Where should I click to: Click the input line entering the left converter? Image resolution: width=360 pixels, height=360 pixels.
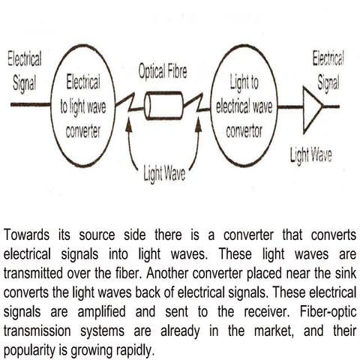tap(29, 106)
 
